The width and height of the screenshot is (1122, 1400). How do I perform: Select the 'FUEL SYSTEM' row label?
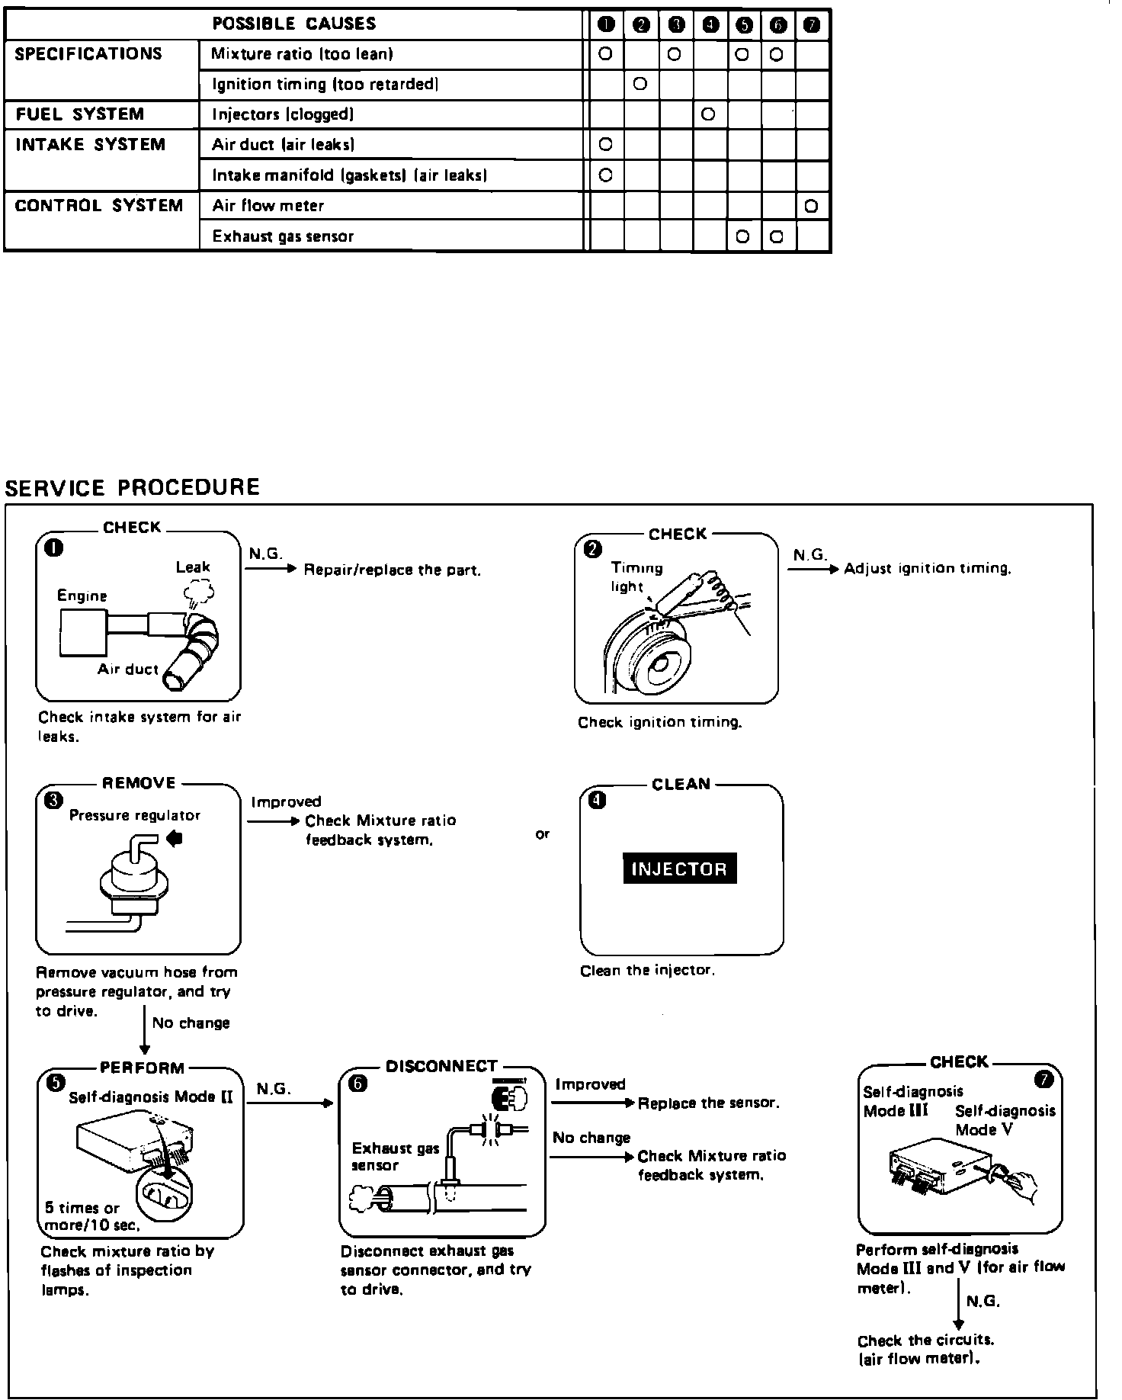tap(79, 114)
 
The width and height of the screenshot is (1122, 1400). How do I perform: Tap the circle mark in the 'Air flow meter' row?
tap(811, 206)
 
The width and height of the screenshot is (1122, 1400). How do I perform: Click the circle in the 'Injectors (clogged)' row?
tap(708, 114)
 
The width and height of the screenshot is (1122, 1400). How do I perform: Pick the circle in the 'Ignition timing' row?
tap(640, 84)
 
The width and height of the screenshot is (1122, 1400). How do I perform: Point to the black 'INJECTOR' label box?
tap(679, 869)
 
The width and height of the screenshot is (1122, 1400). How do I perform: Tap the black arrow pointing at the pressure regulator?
tap(175, 839)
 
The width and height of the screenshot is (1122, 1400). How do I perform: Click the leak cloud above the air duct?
tap(199, 591)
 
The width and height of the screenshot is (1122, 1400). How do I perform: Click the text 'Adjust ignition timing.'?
tap(927, 569)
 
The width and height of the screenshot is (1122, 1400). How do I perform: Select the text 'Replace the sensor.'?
tap(708, 1103)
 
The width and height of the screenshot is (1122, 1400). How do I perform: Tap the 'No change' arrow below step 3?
tap(144, 1029)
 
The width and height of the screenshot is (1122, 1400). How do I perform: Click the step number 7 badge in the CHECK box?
tap(1043, 1080)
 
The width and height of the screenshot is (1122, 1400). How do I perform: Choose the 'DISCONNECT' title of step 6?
tap(441, 1066)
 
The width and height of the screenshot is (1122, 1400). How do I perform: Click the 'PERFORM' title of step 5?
tap(142, 1068)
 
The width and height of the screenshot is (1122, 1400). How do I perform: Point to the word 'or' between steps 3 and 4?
tap(542, 834)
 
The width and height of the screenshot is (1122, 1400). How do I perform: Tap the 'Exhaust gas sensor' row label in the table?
tap(283, 236)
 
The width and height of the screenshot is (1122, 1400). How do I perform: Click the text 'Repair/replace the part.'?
tap(393, 570)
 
